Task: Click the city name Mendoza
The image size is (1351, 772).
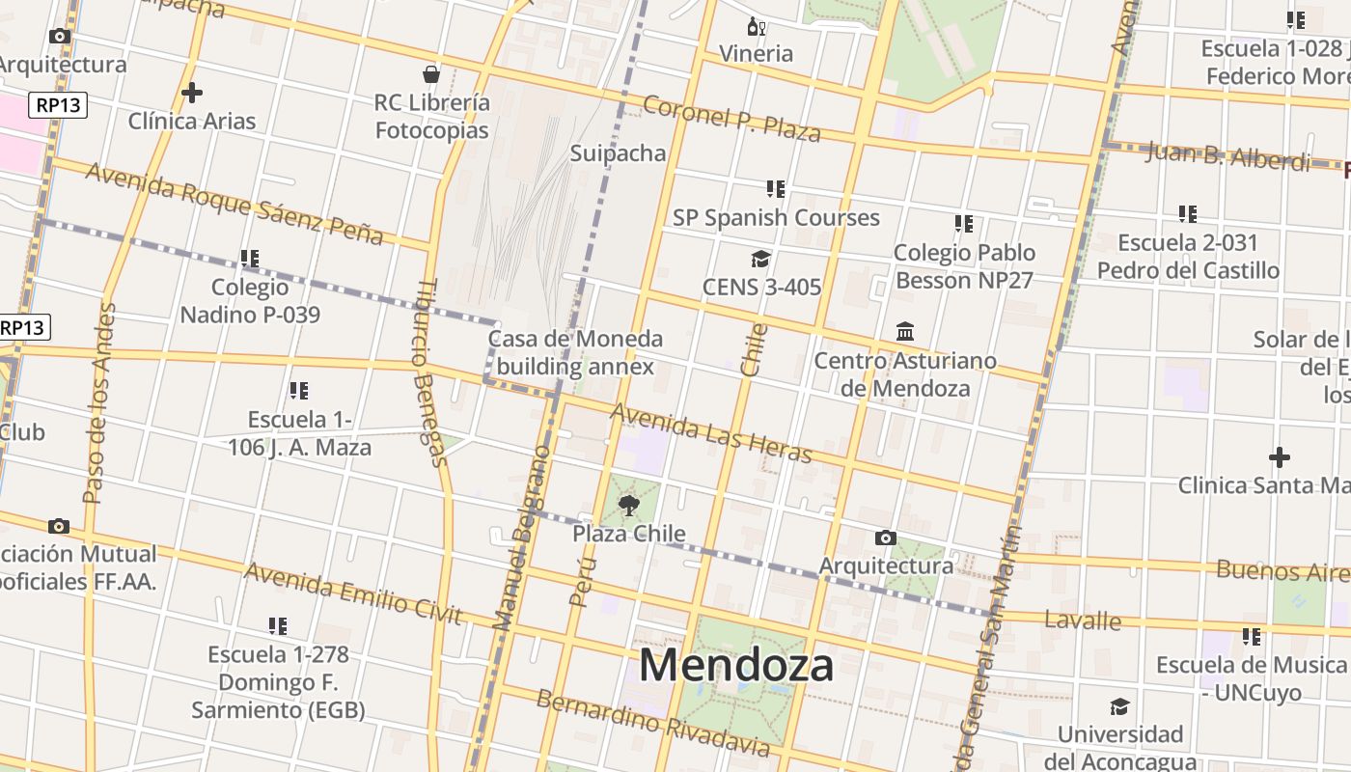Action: click(736, 666)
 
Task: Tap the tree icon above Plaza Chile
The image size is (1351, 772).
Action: click(629, 505)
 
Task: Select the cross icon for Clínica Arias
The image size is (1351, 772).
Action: click(192, 93)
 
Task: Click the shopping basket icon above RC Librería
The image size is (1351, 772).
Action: click(431, 74)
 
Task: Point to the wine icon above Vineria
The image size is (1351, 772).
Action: click(756, 26)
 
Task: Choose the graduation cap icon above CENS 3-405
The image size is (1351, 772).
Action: click(760, 259)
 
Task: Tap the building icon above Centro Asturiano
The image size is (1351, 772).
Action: click(905, 332)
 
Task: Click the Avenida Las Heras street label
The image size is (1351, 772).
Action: click(711, 433)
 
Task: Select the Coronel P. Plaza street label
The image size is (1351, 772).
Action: click(731, 119)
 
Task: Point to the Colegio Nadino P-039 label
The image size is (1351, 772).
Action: click(250, 300)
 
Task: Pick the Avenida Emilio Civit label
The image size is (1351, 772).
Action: click(353, 593)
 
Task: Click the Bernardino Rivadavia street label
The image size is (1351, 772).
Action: click(653, 723)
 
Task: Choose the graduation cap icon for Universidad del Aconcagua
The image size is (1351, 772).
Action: click(1119, 706)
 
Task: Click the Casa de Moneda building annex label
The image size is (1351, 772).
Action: click(575, 352)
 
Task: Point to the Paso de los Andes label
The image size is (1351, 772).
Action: click(98, 403)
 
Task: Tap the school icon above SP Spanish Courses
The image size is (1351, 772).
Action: click(776, 188)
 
